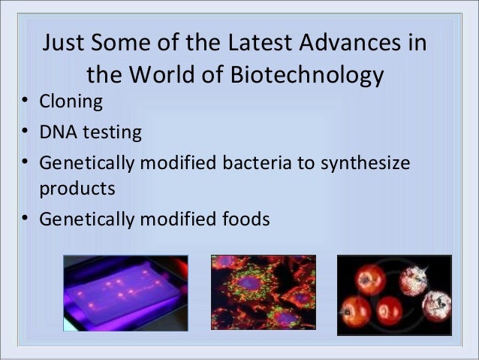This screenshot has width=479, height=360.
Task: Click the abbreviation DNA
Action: click(x=57, y=133)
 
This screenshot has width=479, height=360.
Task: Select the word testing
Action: click(x=110, y=134)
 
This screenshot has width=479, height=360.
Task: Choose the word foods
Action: click(x=242, y=219)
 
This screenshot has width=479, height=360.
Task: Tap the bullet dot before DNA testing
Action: click(x=26, y=133)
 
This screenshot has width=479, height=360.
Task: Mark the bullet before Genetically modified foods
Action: click(x=26, y=219)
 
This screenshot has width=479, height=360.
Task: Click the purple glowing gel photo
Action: click(x=124, y=293)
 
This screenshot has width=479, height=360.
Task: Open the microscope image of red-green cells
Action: click(x=263, y=293)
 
